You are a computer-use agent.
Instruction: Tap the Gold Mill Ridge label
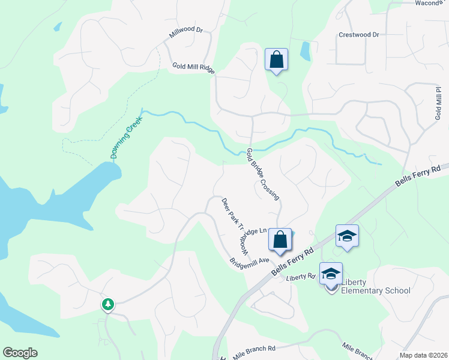click(193, 68)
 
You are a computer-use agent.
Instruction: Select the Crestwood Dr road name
click(359, 35)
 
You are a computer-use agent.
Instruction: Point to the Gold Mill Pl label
click(438, 103)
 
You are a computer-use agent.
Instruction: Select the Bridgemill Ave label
click(250, 265)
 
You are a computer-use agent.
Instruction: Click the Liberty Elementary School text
click(376, 286)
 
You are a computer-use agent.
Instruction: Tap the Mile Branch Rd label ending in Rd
click(254, 349)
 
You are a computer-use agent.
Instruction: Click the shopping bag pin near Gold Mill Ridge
click(276, 59)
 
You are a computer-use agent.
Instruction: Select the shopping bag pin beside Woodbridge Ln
click(280, 239)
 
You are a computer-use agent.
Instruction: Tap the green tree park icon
click(108, 305)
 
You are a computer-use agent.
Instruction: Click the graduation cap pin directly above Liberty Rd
click(331, 274)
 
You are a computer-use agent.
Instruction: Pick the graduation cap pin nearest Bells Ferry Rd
click(347, 236)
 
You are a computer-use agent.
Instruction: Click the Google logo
click(20, 353)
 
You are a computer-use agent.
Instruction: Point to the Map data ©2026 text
click(423, 355)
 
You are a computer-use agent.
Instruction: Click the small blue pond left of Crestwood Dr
click(306, 51)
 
